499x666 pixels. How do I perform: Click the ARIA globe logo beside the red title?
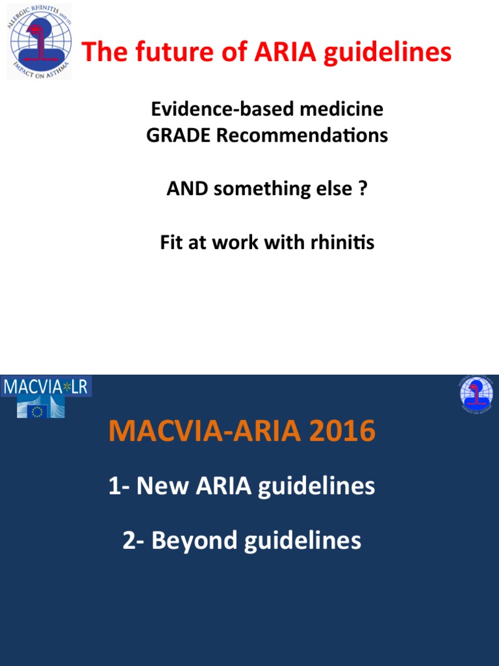pyautogui.click(x=39, y=42)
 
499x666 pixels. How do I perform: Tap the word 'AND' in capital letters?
pyautogui.click(x=187, y=189)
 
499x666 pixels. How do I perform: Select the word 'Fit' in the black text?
pyautogui.click(x=172, y=243)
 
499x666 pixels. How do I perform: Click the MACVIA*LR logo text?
pyautogui.click(x=47, y=387)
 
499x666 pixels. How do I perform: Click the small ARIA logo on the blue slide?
pyautogui.click(x=476, y=395)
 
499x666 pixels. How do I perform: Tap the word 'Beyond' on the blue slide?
pyautogui.click(x=195, y=540)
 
